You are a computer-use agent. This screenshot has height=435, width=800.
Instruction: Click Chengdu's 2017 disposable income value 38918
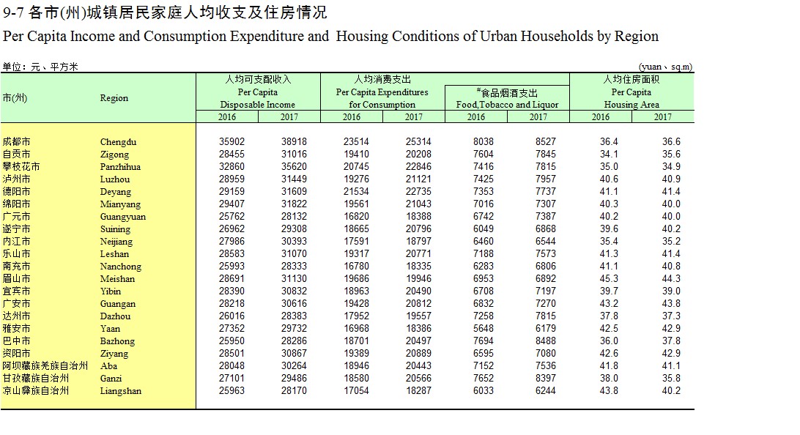coord(294,142)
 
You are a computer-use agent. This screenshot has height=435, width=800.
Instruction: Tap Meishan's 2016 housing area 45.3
coord(609,279)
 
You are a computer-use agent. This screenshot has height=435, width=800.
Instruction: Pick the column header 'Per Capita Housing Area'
coord(632,92)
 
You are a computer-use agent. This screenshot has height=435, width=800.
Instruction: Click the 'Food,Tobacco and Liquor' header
coord(507,105)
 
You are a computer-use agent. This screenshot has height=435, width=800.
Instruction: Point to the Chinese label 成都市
coord(16,142)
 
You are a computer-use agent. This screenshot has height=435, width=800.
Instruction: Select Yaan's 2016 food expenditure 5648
coord(484,329)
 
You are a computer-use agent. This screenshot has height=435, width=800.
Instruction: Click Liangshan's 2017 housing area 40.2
coord(671,391)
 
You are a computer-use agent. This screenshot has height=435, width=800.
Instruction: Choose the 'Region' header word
coord(114,98)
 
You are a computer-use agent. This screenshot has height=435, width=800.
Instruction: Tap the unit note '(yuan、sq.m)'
coord(665,67)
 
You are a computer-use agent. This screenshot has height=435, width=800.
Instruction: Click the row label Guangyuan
coord(123,217)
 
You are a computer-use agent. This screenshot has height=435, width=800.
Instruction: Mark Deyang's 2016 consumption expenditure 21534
coord(356,192)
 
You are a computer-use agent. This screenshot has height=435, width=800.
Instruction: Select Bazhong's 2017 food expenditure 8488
coord(545,341)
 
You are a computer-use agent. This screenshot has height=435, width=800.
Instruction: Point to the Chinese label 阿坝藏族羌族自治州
coord(45,366)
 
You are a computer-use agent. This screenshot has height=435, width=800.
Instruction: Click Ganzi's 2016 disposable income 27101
coord(232,379)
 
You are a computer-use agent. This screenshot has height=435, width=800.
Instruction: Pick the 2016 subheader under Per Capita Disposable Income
coord(227,116)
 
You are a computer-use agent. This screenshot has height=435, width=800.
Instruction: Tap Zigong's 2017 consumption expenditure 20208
coord(418,154)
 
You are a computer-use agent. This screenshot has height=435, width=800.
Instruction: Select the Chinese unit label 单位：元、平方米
coord(40,67)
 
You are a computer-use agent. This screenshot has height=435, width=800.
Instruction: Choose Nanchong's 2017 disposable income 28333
coord(294,267)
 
